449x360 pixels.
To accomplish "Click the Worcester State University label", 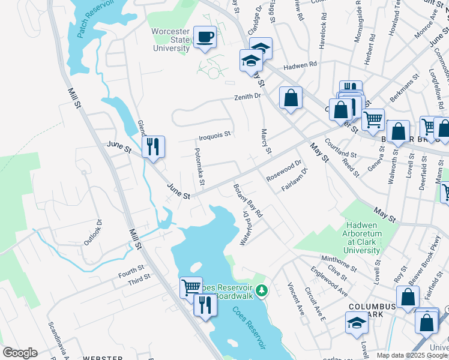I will coord(172,40).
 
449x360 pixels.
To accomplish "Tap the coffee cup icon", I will coord(205,38).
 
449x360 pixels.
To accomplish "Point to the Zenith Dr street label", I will coord(248,96).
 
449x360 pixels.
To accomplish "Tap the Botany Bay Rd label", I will coord(248,200).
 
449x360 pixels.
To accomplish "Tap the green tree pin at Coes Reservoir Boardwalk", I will coord(261,292).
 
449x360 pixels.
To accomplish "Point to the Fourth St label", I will coord(131,271).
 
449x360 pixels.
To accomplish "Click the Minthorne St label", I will coord(340,262).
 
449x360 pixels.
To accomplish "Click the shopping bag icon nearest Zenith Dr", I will coord(291,98).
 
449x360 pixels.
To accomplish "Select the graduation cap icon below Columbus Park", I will coord(357,323).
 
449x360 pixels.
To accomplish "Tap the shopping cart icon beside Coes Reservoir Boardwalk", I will coord(191,287).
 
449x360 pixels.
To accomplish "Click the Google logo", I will coord(20,353).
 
